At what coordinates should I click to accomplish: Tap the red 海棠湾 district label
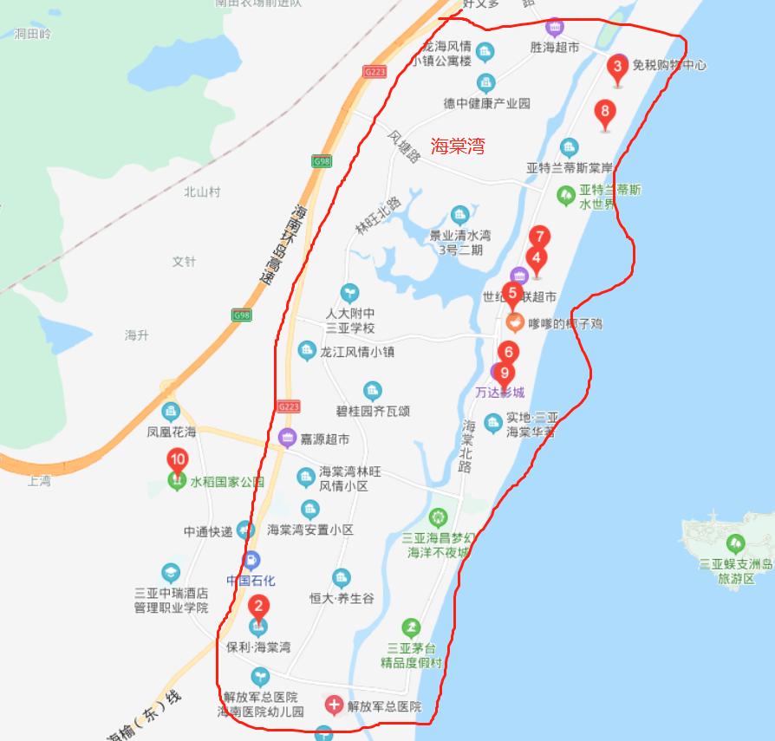(x=457, y=146)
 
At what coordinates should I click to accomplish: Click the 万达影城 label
(x=500, y=392)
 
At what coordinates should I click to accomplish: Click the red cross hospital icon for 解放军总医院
(x=333, y=705)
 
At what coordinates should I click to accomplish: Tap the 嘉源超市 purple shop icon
(x=287, y=439)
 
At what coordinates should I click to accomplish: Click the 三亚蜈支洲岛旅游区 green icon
(x=735, y=544)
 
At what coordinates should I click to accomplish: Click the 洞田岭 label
(x=33, y=34)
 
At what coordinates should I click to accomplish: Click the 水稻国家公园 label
(x=227, y=482)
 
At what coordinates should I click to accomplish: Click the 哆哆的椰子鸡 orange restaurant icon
(x=515, y=323)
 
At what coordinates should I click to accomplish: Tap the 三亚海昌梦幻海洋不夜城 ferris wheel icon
(x=439, y=518)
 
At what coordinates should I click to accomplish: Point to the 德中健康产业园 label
(x=486, y=102)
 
